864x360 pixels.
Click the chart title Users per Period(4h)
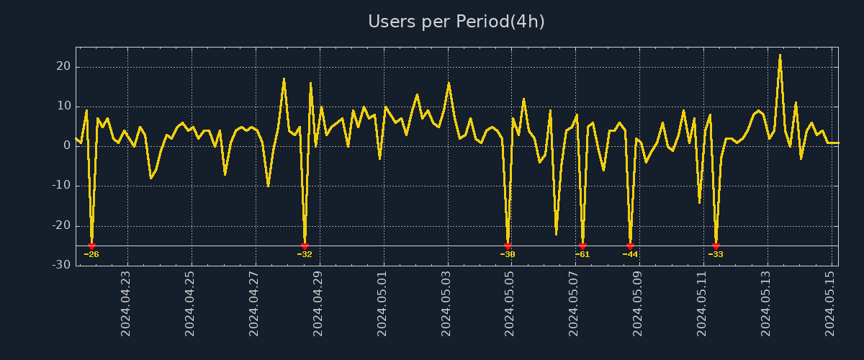456,22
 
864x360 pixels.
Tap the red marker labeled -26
91,246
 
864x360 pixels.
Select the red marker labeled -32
305,246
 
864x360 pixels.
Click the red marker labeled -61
582,246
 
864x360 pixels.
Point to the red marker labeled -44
630,246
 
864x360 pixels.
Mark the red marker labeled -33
716,246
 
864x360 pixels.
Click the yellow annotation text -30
508,254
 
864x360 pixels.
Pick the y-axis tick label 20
63,66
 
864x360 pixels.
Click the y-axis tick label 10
63,106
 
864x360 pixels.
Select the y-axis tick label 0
67,145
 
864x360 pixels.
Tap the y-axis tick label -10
61,185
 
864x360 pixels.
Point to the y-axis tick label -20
61,225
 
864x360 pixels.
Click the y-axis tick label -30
61,265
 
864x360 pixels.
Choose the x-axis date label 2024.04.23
125,303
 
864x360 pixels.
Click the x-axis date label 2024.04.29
318,303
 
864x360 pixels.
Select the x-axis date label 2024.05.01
382,303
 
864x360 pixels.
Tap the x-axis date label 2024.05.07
574,303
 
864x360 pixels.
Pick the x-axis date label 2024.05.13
766,303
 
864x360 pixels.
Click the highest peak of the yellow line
780,55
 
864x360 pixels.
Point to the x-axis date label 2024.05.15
831,303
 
